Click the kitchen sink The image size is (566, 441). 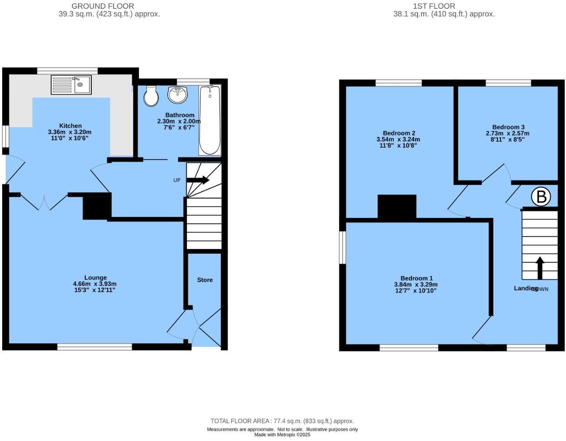click(x=71, y=84)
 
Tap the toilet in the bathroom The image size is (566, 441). click(x=151, y=95)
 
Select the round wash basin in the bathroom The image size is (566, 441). click(x=177, y=95)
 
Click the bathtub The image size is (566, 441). click(x=210, y=120)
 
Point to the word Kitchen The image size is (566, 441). click(x=70, y=126)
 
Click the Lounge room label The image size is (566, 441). click(x=95, y=277)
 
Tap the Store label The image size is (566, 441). click(x=205, y=280)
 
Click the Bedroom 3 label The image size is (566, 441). click(x=508, y=127)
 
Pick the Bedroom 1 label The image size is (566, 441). click(x=416, y=278)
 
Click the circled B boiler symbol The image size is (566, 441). click(x=541, y=197)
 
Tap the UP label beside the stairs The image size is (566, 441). click(x=177, y=180)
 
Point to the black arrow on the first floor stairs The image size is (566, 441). click(x=540, y=267)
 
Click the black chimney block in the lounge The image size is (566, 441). click(x=95, y=207)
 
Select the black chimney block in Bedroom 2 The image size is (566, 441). click(x=397, y=206)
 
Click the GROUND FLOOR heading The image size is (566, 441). click(x=103, y=6)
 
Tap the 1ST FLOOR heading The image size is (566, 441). click(x=434, y=6)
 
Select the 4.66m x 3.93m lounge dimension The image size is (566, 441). click(x=95, y=283)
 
